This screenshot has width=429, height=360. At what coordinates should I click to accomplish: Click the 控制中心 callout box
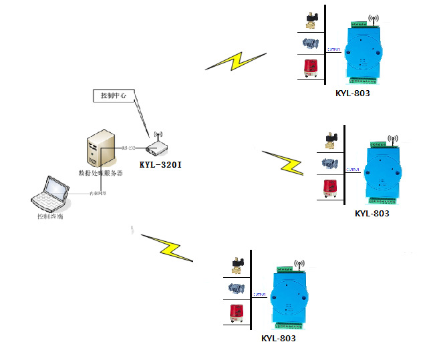(x=113, y=96)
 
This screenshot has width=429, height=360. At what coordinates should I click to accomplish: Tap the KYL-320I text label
(x=160, y=164)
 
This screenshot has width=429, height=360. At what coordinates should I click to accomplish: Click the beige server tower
(x=98, y=151)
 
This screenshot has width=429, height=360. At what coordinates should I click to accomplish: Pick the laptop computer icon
(x=51, y=194)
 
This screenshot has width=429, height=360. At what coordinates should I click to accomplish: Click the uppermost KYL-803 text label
(x=352, y=94)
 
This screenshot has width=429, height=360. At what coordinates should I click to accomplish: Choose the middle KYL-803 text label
(x=372, y=214)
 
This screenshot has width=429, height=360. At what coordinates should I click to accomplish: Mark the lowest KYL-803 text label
(x=279, y=339)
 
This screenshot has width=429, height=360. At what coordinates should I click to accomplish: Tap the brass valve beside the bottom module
(x=237, y=264)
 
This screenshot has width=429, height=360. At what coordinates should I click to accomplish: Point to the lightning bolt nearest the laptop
(x=165, y=247)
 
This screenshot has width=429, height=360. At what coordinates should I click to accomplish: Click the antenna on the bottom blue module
(x=299, y=266)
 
